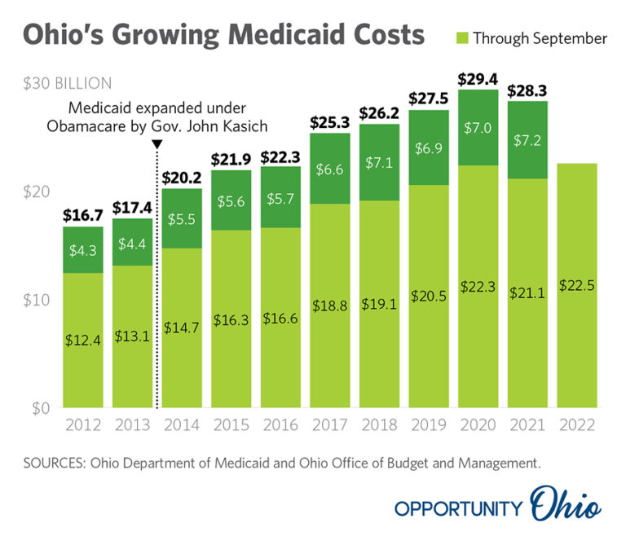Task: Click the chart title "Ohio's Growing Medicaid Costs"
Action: (223, 36)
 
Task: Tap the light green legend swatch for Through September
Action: (461, 38)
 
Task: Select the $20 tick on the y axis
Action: (39, 191)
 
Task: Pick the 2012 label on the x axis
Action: (84, 425)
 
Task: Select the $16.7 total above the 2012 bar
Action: (84, 215)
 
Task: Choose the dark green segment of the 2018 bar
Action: (379, 162)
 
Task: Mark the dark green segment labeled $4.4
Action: (133, 242)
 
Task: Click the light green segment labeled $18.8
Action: (329, 305)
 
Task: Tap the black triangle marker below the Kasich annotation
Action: (157, 144)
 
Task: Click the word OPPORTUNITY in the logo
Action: (458, 508)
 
